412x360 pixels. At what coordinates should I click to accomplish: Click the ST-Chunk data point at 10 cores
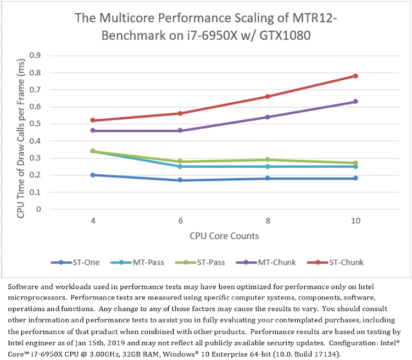point(355,76)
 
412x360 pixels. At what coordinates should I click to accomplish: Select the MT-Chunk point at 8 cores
point(268,117)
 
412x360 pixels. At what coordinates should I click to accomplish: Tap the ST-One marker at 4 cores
point(93,175)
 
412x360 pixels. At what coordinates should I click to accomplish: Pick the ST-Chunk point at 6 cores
point(180,113)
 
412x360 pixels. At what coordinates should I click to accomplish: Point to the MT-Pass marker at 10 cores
point(355,166)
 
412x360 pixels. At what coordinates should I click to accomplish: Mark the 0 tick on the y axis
point(39,209)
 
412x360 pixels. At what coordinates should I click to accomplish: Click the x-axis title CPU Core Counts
point(224,236)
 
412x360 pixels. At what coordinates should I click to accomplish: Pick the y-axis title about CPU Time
point(20,132)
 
